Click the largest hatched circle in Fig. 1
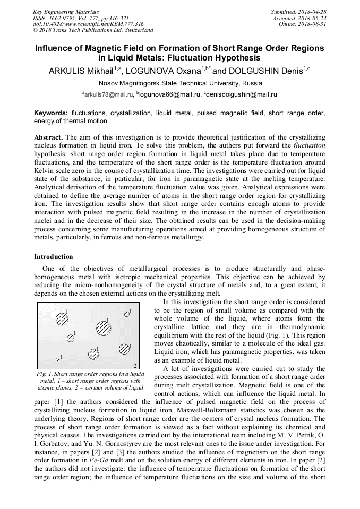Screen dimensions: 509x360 click(104, 329)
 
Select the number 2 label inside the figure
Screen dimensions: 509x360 click(135, 365)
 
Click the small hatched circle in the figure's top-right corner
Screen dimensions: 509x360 click(127, 314)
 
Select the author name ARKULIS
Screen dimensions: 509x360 click(67, 71)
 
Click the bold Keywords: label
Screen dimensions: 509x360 click(51, 114)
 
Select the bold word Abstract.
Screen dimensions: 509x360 click(48, 137)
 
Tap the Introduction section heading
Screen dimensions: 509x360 click(54, 257)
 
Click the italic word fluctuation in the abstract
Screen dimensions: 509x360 click(310, 145)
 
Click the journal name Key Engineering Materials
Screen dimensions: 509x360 click(65, 11)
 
